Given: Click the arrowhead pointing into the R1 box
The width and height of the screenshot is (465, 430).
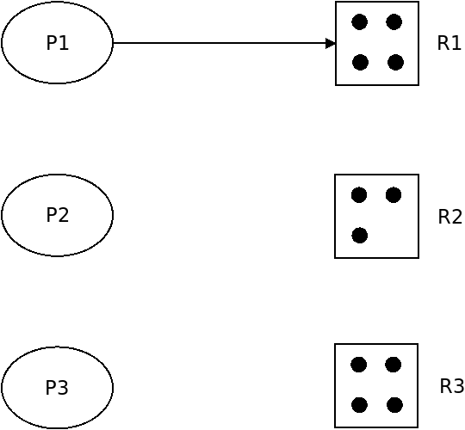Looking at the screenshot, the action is (331, 43).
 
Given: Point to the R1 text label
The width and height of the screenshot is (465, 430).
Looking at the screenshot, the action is (449, 43).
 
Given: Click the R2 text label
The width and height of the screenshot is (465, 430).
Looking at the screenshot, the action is (449, 217).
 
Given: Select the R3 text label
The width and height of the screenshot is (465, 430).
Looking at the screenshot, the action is (452, 386).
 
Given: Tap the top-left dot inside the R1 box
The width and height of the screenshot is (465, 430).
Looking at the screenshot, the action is (360, 21).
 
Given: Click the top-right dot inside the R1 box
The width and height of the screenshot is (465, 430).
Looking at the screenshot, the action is (394, 21).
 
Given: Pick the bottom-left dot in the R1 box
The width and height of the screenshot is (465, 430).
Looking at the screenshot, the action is (360, 63).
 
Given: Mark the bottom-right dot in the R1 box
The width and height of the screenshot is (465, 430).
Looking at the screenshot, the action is (395, 63).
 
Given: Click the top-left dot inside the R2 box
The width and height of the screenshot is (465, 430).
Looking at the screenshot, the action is (359, 195).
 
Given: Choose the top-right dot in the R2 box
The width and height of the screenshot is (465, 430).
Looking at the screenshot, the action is (394, 195).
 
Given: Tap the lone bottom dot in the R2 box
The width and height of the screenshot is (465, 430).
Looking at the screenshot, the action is (360, 236).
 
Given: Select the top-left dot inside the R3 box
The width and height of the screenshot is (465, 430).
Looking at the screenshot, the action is (359, 365).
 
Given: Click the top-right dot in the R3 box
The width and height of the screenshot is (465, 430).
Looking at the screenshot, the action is (394, 365).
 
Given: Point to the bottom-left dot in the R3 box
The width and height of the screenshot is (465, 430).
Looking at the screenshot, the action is (359, 405).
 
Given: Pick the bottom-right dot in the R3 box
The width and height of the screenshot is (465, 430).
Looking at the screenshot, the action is (394, 405).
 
